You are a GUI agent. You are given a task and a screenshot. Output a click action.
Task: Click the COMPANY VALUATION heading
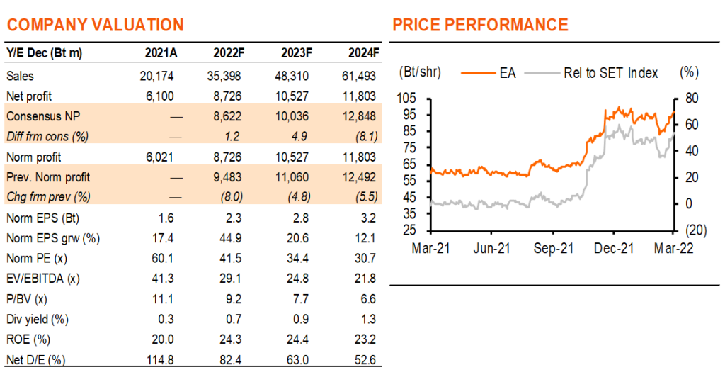click(96, 25)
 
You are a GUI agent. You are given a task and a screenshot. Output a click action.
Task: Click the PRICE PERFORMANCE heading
click(480, 25)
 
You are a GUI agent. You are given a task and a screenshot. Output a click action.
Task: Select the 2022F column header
click(229, 53)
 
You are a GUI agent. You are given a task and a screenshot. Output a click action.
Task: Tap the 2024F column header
click(364, 53)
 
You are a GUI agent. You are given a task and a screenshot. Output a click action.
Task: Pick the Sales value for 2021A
click(156, 76)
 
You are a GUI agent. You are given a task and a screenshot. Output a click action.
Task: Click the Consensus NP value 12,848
click(359, 116)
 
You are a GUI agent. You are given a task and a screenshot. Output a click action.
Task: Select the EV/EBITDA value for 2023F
click(297, 279)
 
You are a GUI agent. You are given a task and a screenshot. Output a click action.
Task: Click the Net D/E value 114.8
click(160, 360)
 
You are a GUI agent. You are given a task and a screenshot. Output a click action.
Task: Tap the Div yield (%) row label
click(38, 320)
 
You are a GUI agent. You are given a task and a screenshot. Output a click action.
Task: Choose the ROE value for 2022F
click(230, 339)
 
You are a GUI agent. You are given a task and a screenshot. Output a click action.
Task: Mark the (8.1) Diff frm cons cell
click(367, 137)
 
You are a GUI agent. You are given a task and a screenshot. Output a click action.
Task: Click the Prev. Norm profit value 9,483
click(227, 177)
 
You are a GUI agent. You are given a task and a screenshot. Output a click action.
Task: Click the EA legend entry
click(489, 73)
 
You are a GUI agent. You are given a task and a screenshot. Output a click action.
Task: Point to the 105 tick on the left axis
click(406, 99)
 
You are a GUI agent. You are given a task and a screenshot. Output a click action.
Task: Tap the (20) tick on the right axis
click(696, 230)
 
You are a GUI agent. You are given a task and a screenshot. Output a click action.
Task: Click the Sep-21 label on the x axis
click(554, 249)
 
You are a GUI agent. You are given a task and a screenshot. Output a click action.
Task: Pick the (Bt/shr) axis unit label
click(420, 72)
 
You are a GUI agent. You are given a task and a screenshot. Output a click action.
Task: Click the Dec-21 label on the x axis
click(614, 249)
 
